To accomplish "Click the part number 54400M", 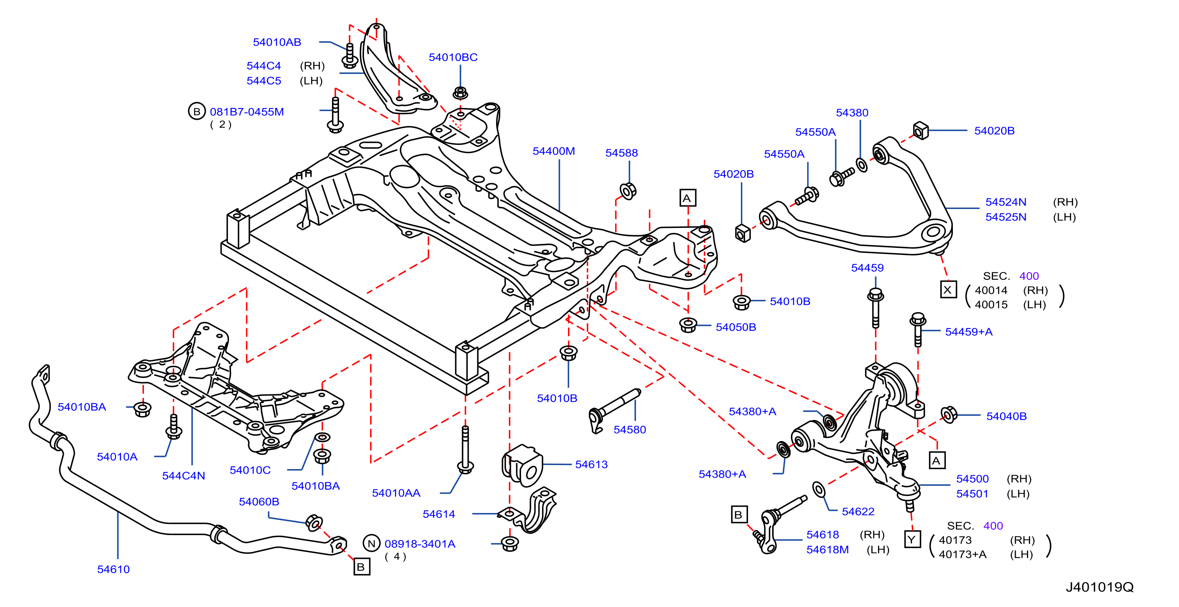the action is (553, 151).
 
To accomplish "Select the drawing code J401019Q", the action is (1099, 587).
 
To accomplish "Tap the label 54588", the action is (621, 153).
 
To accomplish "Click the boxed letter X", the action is (948, 290).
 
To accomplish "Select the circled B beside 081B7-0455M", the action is (197, 111).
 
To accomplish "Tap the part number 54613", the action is (591, 465).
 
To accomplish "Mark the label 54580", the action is (630, 430).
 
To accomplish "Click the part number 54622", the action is (858, 512).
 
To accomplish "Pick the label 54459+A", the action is (969, 332).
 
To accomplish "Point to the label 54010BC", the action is (453, 57).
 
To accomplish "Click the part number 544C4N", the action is (184, 476).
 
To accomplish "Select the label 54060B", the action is (259, 502).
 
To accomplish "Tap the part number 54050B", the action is (736, 327).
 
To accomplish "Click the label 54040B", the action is (1006, 416).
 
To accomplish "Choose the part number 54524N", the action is (1006, 202).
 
